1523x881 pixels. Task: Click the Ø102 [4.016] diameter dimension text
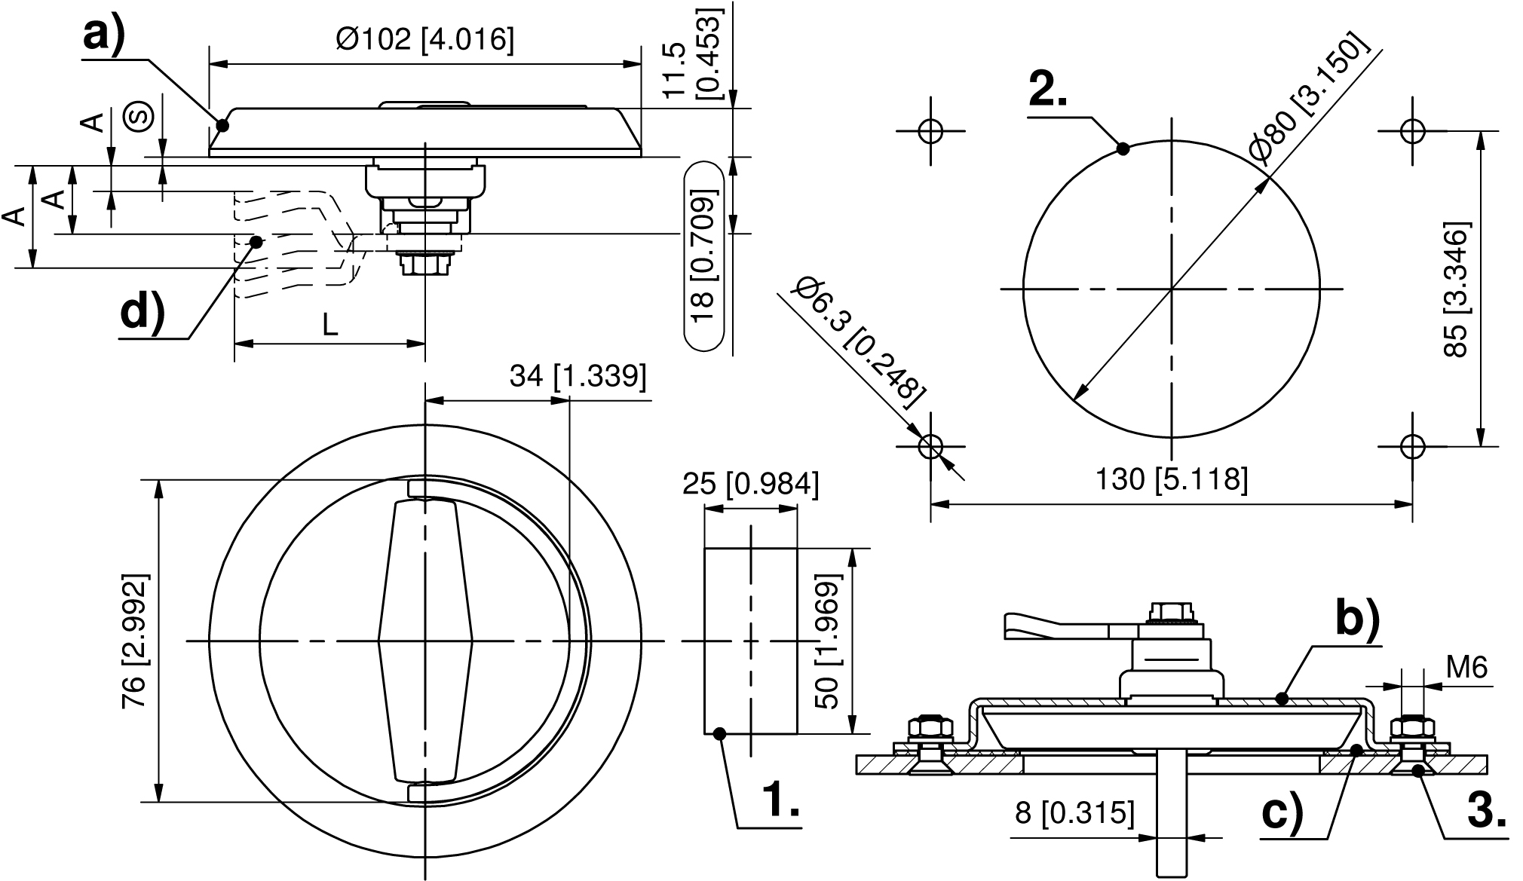pos(425,39)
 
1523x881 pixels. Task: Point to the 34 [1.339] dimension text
pos(578,375)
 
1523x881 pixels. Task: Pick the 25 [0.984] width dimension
pos(749,484)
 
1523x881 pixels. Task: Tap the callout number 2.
pos(1048,91)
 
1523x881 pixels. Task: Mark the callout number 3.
pos(1488,812)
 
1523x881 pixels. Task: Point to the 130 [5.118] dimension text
pos(1171,479)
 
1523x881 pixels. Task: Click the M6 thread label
pos(1466,667)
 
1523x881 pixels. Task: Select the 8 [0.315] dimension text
pos(1075,813)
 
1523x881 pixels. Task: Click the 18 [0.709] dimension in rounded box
pos(702,256)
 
